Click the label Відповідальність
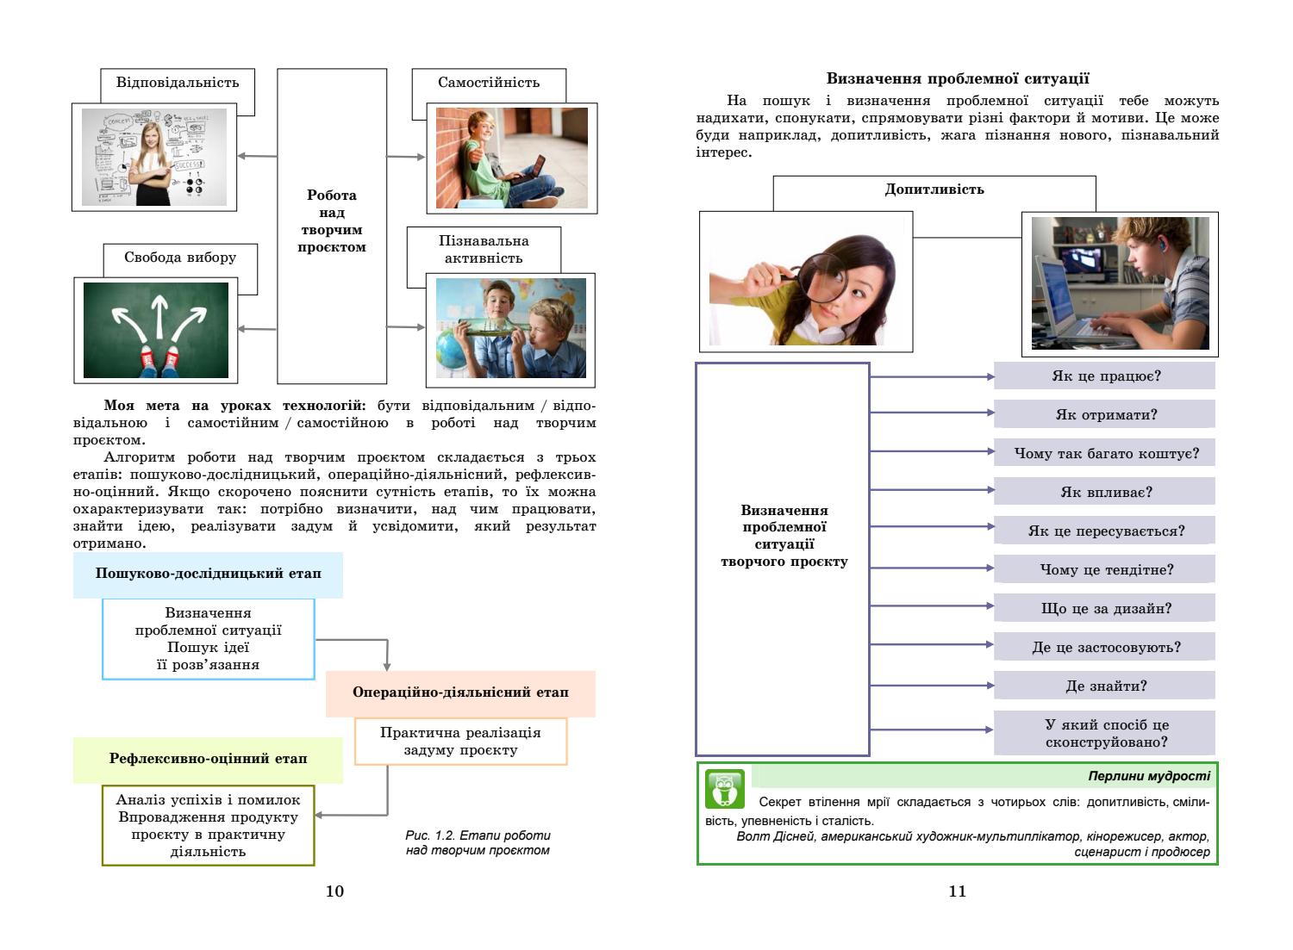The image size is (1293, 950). click(x=177, y=84)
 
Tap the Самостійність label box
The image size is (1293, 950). click(x=489, y=84)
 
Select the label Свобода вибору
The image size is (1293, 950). click(x=179, y=258)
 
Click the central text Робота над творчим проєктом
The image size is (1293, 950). click(x=332, y=221)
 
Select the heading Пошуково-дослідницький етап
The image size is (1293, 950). click(x=208, y=574)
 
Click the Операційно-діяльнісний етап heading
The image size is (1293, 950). click(x=460, y=692)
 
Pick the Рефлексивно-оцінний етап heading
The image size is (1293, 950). click(x=208, y=759)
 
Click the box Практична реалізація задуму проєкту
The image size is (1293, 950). click(x=460, y=741)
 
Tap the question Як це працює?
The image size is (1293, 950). click(x=1105, y=376)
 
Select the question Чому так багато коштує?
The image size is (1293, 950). click(x=1105, y=453)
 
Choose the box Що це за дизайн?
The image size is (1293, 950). click(x=1105, y=608)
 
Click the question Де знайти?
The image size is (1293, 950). click(x=1105, y=686)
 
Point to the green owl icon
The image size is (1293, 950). click(x=724, y=788)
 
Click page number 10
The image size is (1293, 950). click(x=334, y=891)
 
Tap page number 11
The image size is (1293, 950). click(x=957, y=891)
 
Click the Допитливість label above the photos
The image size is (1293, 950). click(x=934, y=189)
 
